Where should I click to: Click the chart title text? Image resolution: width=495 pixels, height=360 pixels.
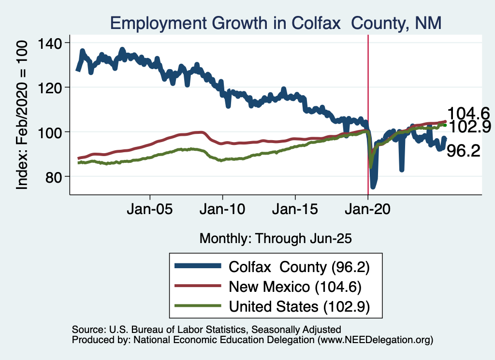pyautogui.click(x=276, y=23)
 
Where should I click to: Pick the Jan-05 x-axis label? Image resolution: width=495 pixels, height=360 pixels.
pyautogui.click(x=150, y=211)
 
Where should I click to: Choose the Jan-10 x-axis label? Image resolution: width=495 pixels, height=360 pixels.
pyautogui.click(x=222, y=211)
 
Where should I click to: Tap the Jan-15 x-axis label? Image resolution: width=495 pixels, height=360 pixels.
pyautogui.click(x=295, y=211)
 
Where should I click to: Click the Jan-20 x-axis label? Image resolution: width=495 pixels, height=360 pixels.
pyautogui.click(x=368, y=211)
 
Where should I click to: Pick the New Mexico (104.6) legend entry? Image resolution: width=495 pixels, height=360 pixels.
pyautogui.click(x=295, y=287)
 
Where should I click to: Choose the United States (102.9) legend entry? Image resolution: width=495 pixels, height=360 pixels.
pyautogui.click(x=299, y=306)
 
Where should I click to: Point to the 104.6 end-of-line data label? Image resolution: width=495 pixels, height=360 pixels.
pyautogui.click(x=468, y=114)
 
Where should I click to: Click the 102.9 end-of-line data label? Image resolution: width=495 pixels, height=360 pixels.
pyautogui.click(x=469, y=127)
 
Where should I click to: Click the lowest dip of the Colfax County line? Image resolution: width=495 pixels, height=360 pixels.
pyautogui.click(x=373, y=187)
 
